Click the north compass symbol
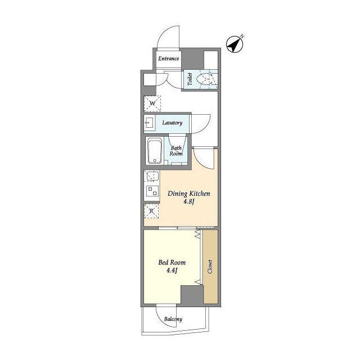coord(235,44)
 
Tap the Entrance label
coord(169,58)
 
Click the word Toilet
coord(190,79)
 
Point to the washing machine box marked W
coord(152,103)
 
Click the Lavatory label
coord(172,123)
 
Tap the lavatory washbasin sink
coord(149,124)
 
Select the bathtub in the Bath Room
coord(155,151)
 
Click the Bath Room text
coord(176,151)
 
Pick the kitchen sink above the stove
coord(152,176)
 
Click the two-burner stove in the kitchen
coord(152,191)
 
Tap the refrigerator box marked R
coord(151,211)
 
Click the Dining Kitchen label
coord(189,193)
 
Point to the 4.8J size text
coord(189,202)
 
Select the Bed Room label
coord(172,263)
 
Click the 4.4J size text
coord(172,271)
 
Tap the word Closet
coord(210,267)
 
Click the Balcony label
coord(173,319)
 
